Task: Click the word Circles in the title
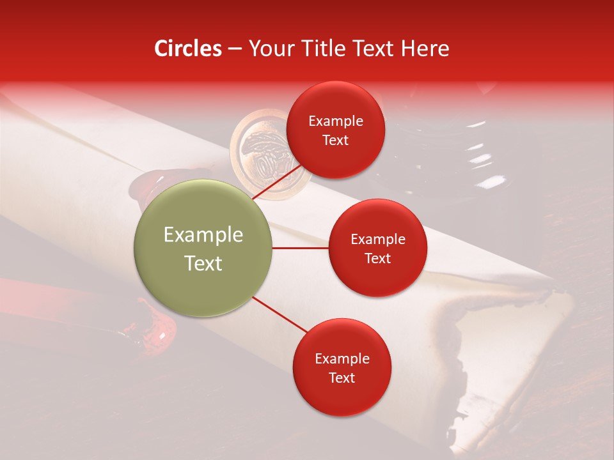[x=188, y=49]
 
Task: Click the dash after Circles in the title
[x=235, y=49]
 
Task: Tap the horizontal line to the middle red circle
[x=300, y=247]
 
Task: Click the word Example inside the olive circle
[x=203, y=235]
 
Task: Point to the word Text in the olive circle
[x=203, y=263]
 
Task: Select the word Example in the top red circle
[x=336, y=121]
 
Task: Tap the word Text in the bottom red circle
[x=342, y=378]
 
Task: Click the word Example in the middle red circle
[x=378, y=240]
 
